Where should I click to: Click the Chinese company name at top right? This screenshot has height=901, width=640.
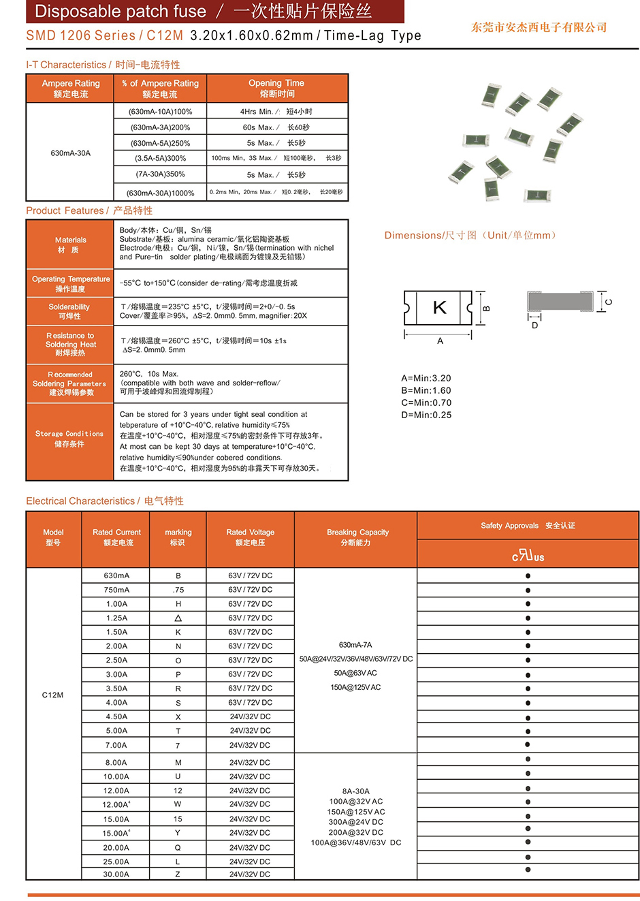[x=539, y=27]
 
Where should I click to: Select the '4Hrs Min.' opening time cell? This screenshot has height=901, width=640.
[x=276, y=112]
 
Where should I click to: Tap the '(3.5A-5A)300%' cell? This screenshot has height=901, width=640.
[x=160, y=159]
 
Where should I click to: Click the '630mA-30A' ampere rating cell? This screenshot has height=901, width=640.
[x=70, y=153]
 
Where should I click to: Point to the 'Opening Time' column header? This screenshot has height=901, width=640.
[x=276, y=88]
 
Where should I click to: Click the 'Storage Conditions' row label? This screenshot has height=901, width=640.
[x=69, y=439]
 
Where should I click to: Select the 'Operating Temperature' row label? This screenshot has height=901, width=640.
[x=70, y=283]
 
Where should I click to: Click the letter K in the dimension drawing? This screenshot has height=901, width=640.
[x=440, y=308]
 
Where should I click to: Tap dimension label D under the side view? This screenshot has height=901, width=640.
[x=534, y=326]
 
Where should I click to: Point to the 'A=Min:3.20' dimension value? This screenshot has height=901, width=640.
[x=426, y=379]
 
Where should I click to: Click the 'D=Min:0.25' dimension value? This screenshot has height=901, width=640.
[x=426, y=415]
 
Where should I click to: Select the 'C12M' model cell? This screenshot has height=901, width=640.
[x=53, y=695]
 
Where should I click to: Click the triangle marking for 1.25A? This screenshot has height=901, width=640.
[x=178, y=618]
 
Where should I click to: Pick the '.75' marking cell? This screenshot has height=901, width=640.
[x=178, y=590]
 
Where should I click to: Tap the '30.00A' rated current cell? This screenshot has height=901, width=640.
[x=116, y=874]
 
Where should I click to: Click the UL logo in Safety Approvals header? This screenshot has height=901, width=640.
[x=528, y=556]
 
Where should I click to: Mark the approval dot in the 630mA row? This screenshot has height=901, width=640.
[x=528, y=576]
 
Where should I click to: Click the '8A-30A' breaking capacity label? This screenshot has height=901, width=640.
[x=356, y=791]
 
